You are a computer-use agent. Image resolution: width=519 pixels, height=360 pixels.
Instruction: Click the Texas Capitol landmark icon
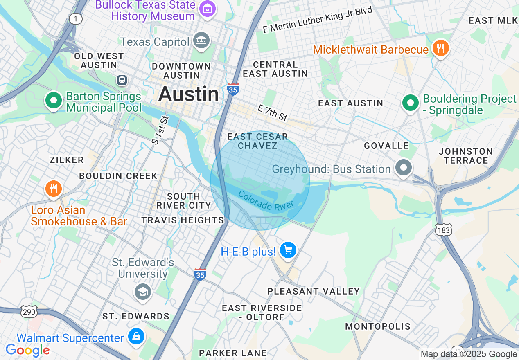click(201, 40)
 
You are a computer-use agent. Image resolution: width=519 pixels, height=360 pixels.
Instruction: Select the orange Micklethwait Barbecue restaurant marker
click(440, 48)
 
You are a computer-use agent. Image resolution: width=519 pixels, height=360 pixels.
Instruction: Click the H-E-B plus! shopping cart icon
click(288, 250)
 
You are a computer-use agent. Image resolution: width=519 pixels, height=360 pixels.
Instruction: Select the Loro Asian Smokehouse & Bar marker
click(53, 189)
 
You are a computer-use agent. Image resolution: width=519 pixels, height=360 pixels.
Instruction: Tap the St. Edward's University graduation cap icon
click(142, 292)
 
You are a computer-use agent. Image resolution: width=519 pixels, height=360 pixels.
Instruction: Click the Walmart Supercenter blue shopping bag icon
click(136, 336)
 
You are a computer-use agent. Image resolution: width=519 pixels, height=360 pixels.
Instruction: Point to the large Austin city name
click(189, 94)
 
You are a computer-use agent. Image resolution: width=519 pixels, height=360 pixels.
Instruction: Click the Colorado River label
click(266, 201)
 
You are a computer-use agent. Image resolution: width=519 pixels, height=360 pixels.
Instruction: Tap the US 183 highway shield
click(444, 230)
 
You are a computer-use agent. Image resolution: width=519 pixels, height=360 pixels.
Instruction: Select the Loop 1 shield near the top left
click(75, 19)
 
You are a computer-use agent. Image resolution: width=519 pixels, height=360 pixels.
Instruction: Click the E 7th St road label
click(273, 112)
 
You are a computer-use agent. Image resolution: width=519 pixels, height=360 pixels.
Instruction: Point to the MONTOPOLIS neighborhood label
click(378, 326)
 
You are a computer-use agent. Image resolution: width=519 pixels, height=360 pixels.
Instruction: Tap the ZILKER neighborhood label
click(67, 160)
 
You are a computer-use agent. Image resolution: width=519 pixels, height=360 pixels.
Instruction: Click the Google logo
click(27, 350)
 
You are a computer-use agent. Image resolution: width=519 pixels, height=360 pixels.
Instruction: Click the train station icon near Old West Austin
click(122, 80)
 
